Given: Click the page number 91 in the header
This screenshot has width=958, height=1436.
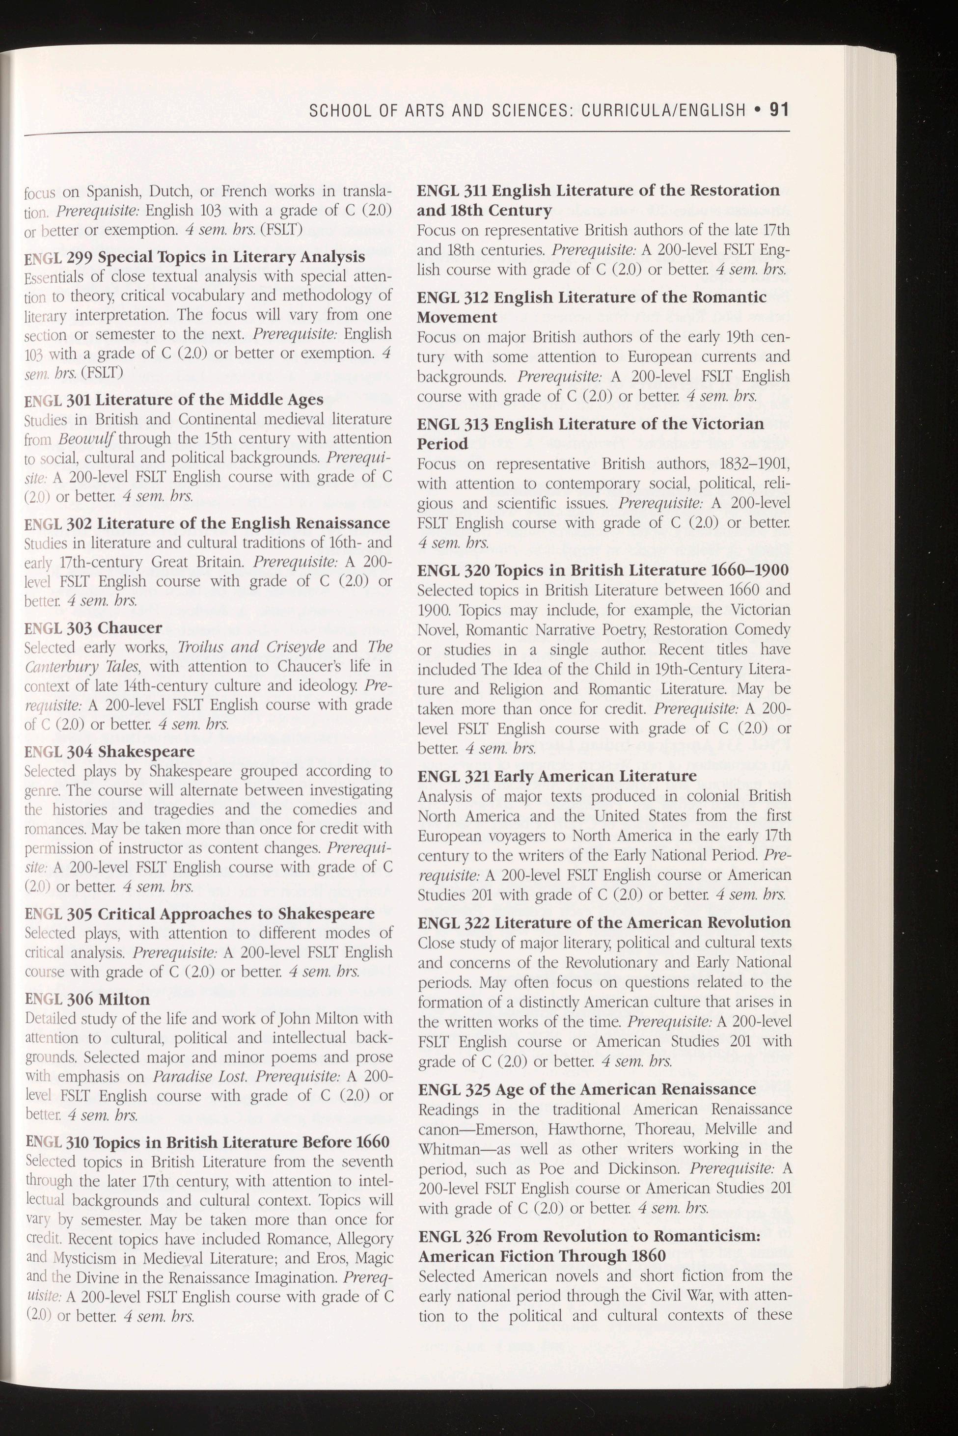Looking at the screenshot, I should point(779,110).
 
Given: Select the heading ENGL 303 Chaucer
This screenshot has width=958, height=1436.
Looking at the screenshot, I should point(93,627).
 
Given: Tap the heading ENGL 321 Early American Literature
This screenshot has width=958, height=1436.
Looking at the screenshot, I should point(557,776).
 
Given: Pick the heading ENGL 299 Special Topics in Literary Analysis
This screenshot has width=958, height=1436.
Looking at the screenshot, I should point(194,257).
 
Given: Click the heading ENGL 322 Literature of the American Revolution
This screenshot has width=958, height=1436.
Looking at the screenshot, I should point(603,922).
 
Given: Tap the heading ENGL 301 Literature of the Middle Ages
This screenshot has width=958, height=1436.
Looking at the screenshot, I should point(173,400).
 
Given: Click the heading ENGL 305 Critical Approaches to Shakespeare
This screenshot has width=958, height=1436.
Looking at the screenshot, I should point(199,914).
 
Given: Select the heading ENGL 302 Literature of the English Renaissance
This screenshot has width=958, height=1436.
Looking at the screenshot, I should point(207,523).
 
